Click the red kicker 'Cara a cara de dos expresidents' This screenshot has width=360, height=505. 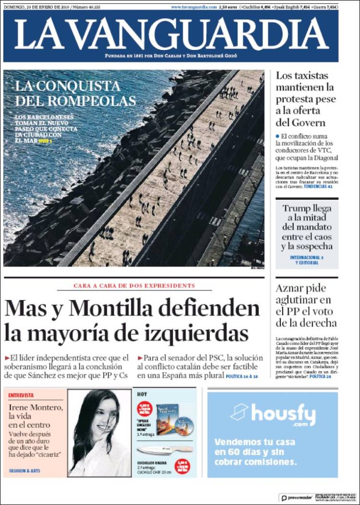tap(134, 286)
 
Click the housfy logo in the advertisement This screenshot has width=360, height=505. tap(273, 413)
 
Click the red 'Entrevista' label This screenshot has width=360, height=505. tap(21, 395)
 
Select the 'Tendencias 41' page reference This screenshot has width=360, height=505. tap(318, 186)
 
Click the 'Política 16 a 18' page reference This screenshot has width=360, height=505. tap(242, 376)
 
